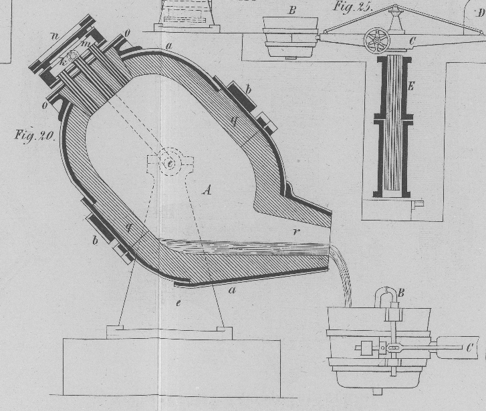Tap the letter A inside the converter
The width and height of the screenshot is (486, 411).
coord(207,190)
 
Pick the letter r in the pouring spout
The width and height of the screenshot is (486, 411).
coord(295,232)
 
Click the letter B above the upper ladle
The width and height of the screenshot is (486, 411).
coord(291,10)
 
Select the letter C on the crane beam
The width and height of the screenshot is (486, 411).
coord(411,41)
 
